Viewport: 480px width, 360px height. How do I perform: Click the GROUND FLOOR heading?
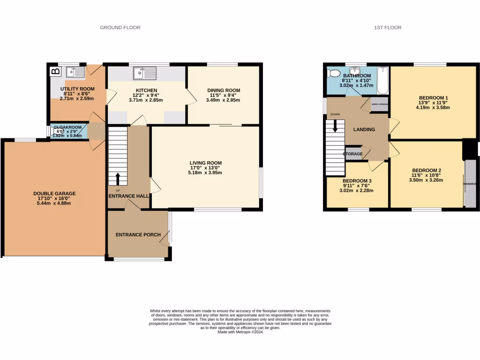click(x=120, y=28)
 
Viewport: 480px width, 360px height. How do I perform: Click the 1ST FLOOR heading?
click(x=387, y=28)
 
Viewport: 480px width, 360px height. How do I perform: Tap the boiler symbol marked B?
click(x=56, y=72)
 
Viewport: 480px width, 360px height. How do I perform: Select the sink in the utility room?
click(x=75, y=72)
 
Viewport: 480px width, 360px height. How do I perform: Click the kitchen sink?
click(x=144, y=74)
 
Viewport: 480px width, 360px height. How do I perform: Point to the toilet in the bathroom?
click(x=334, y=73)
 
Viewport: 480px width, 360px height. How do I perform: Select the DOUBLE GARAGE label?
click(x=54, y=194)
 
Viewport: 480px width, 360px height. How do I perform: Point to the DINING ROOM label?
click(x=224, y=90)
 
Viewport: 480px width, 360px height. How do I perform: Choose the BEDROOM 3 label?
click(x=357, y=181)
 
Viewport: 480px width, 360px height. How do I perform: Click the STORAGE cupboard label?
click(x=353, y=154)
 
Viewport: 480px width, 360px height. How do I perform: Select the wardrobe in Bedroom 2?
click(x=470, y=184)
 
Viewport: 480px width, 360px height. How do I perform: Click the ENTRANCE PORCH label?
click(x=138, y=235)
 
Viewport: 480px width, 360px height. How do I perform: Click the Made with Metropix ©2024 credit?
click(x=240, y=332)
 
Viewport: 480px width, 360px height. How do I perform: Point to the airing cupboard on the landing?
click(x=379, y=105)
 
